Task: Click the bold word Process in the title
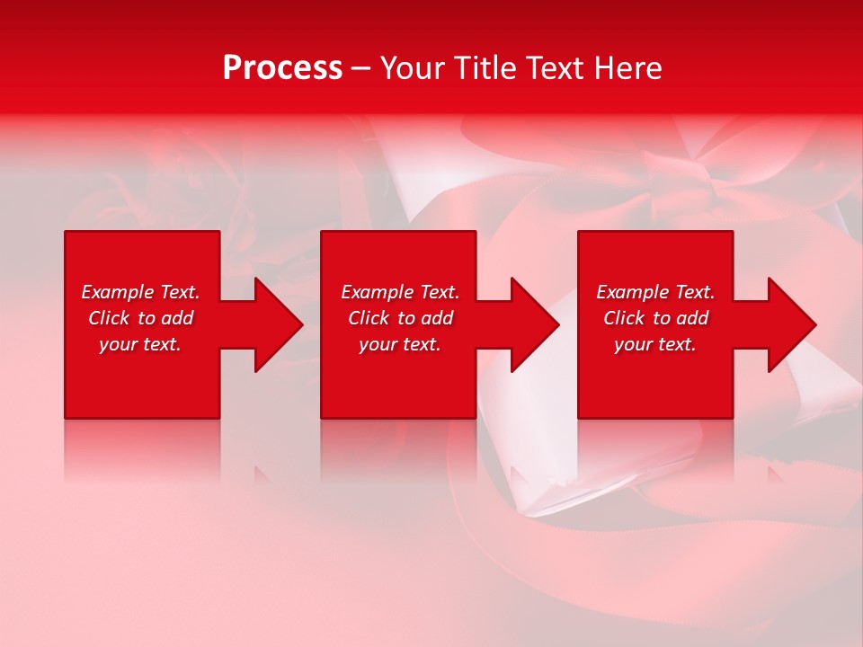282,68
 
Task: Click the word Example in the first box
118,292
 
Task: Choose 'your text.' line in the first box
140,344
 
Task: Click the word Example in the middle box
378,292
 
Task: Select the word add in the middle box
438,318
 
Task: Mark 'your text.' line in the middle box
399,344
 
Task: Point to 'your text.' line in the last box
655,344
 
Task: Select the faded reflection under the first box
142,449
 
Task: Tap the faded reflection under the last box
655,449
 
